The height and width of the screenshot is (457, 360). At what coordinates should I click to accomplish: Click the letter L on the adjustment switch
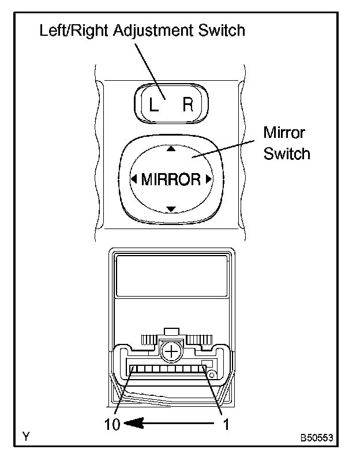(153, 106)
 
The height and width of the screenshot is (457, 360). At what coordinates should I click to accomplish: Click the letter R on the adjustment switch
(188, 105)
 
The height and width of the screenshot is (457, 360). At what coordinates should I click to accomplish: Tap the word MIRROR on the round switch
(171, 179)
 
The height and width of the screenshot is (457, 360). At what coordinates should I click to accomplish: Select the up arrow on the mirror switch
(170, 148)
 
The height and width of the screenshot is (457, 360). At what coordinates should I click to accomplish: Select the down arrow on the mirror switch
(170, 209)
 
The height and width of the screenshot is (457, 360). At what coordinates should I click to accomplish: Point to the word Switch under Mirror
(287, 154)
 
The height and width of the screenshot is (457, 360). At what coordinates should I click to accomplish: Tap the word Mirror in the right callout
(284, 133)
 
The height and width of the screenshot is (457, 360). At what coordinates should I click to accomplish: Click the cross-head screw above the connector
(171, 350)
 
